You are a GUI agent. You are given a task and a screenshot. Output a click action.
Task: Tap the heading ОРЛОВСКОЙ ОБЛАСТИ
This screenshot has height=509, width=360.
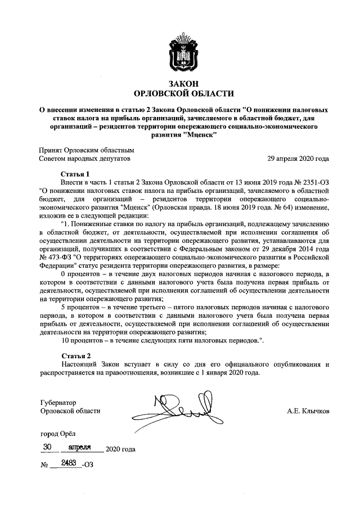(x=180, y=93)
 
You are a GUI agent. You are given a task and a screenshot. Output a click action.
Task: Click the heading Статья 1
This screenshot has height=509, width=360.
(x=75, y=174)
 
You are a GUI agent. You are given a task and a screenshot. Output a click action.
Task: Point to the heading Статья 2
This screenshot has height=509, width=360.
(x=75, y=356)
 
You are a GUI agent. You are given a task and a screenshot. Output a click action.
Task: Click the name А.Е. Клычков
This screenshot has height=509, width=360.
(x=308, y=411)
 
